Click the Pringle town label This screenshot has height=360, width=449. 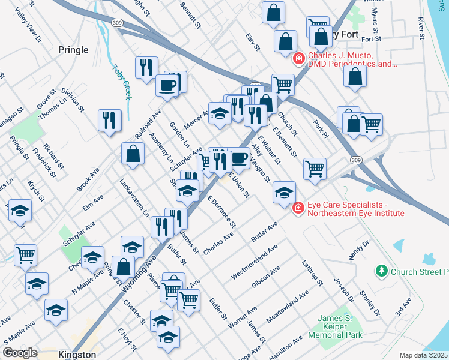pyautogui.click(x=74, y=50)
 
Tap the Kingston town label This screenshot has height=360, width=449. pyautogui.click(x=77, y=355)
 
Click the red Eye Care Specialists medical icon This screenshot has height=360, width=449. pyautogui.click(x=298, y=208)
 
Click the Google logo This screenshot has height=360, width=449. pyautogui.click(x=20, y=353)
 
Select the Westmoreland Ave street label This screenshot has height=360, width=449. pyautogui.click(x=255, y=261)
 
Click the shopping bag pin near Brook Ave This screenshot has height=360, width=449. pyautogui.click(x=133, y=154)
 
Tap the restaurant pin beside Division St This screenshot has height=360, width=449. pyautogui.click(x=110, y=120)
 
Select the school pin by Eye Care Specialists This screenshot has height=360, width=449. pyautogui.click(x=284, y=192)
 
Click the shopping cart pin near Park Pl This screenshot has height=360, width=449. pyautogui.click(x=372, y=124)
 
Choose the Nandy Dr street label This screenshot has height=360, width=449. pyautogui.click(x=359, y=253)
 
